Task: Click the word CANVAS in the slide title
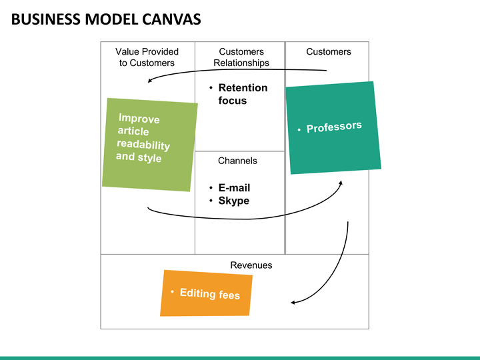171,19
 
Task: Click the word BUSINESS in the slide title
46,19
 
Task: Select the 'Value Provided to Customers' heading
147,57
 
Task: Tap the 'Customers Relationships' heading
241,57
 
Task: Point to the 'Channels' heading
237,161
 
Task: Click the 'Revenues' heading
251,265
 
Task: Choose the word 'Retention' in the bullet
243,88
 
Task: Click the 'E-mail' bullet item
234,187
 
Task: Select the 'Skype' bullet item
234,201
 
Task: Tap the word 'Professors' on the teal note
334,127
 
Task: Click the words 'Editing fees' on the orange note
210,294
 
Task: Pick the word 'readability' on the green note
143,145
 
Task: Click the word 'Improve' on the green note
139,118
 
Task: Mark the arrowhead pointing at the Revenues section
293,303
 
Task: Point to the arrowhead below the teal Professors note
341,183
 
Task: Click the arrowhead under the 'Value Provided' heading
150,81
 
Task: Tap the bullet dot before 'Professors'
299,130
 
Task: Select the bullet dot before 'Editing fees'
173,291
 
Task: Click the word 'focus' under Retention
233,101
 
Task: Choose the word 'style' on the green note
149,158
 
